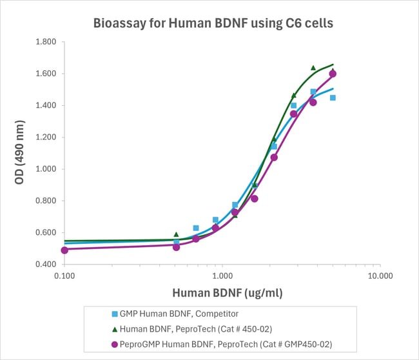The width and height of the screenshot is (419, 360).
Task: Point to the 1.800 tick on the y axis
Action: point(44,42)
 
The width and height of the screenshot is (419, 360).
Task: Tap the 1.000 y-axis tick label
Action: point(44,169)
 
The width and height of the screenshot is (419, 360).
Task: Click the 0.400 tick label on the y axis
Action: point(44,265)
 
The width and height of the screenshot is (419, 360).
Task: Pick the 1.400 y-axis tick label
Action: point(44,105)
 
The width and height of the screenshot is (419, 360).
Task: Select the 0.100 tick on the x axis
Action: point(64,275)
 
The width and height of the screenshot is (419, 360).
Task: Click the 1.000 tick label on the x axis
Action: point(222,275)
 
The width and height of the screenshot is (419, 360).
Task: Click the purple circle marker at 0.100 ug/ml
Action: point(64,250)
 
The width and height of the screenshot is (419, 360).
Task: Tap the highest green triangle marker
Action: point(313,68)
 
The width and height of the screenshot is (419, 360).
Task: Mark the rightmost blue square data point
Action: point(333,98)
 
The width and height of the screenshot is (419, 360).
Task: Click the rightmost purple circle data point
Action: point(333,74)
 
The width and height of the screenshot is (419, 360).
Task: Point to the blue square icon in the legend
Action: point(114,315)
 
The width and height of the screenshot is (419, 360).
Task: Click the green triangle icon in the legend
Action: point(114,329)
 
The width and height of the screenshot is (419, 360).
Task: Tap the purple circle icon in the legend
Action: point(114,343)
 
